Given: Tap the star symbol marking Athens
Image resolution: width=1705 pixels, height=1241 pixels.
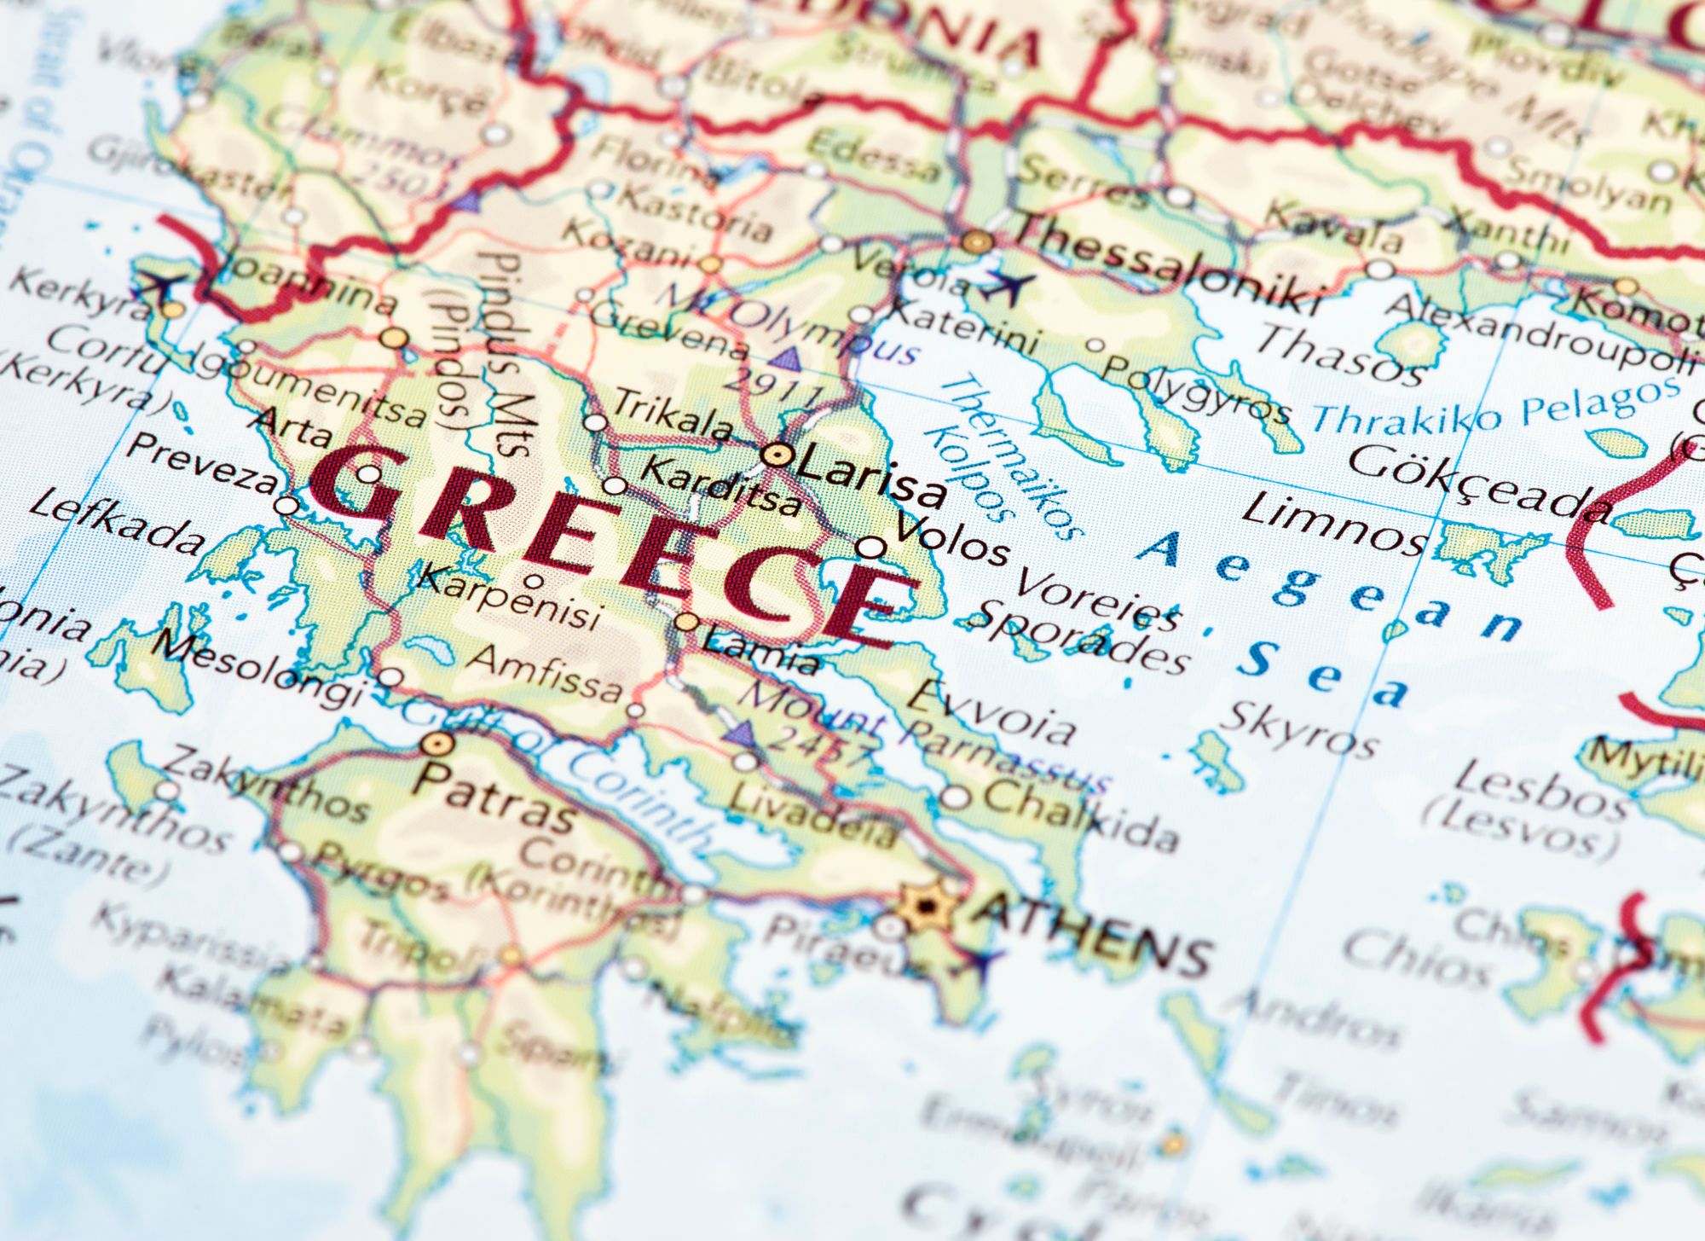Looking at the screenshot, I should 924,906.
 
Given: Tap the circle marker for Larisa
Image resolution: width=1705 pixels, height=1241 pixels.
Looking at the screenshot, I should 776,455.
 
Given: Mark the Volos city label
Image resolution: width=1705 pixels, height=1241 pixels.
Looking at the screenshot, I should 951,541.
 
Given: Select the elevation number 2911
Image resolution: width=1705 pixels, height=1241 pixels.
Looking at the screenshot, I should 772,388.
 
